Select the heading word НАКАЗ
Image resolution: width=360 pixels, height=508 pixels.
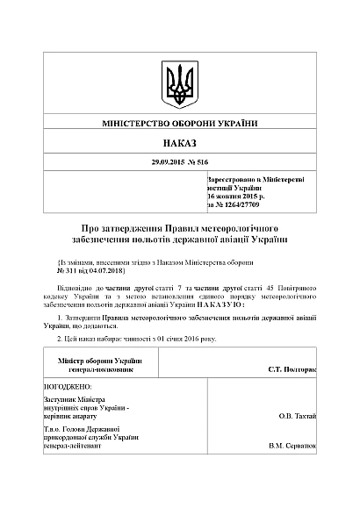179,142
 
